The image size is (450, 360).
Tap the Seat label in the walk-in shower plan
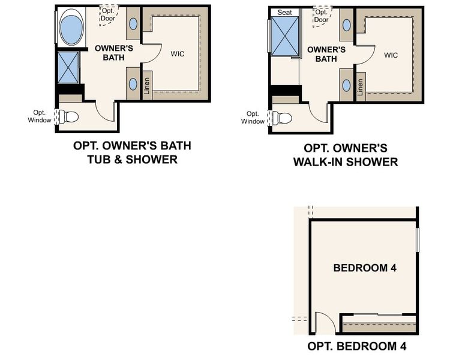tap(284, 12)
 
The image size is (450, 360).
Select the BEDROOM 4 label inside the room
tap(365, 268)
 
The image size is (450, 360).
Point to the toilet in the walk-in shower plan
tap(284, 117)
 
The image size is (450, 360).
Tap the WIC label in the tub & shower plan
tap(177, 54)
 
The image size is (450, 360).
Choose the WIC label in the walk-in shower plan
tap(391, 55)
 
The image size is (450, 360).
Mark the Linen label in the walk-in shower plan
tap(360, 87)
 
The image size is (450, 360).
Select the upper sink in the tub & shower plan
tap(133, 25)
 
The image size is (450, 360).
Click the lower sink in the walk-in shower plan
tap(347, 84)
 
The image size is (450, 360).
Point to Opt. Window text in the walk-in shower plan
tap(253, 118)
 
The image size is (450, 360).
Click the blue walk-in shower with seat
tap(285, 37)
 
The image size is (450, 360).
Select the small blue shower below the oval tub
tap(68, 67)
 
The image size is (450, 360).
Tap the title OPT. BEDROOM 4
tap(352, 347)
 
